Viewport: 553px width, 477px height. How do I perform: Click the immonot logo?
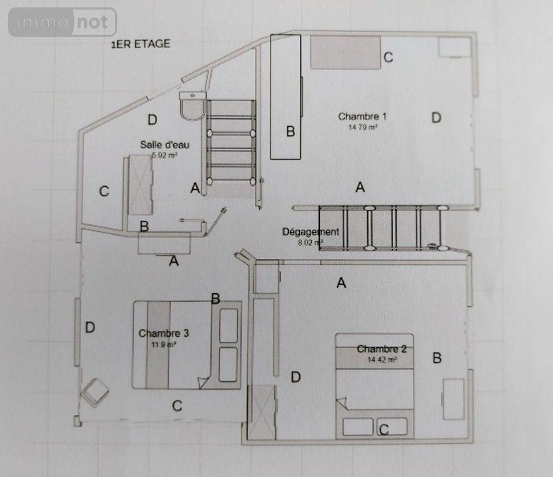[63, 22]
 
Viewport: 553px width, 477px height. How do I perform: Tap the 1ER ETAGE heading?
[140, 44]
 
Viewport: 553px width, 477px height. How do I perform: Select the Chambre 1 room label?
[363, 116]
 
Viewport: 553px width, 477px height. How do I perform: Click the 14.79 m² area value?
[364, 127]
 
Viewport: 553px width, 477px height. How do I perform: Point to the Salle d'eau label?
[162, 144]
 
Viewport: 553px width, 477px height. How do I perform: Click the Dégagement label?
[310, 231]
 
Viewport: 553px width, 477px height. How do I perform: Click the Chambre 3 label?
[164, 333]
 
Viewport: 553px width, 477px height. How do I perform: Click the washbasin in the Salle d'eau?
[194, 109]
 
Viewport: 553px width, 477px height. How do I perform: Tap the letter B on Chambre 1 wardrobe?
[291, 131]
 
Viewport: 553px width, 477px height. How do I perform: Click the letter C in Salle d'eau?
[104, 192]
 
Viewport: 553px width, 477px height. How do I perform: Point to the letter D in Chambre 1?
[436, 117]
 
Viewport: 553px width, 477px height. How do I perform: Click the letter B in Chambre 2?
[437, 358]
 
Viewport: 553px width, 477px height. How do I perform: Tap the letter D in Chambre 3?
[90, 326]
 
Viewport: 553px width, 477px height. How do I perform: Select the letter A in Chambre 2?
[341, 282]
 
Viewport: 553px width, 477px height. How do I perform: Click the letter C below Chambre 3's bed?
[177, 405]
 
